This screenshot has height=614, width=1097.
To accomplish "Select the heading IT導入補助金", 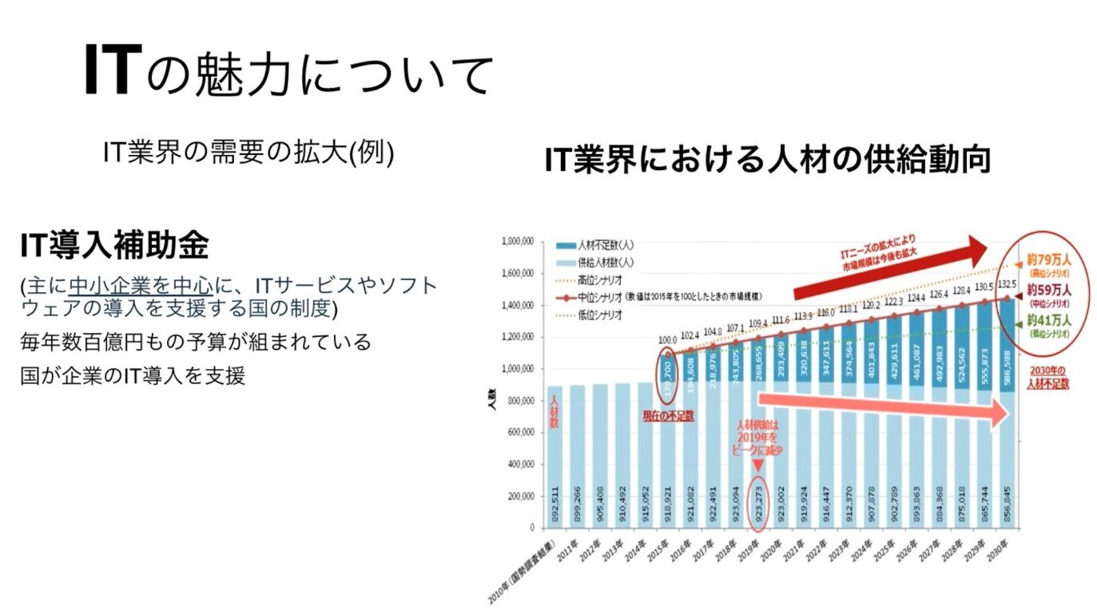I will (114, 247).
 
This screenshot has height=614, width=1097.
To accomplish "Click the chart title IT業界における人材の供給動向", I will (767, 160).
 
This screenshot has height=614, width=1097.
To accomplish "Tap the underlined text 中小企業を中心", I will (141, 286).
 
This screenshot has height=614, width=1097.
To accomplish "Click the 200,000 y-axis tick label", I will (520, 496).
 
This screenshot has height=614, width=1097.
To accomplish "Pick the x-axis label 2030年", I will (1000, 549).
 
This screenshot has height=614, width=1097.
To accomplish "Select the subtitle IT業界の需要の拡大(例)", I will (248, 152).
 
